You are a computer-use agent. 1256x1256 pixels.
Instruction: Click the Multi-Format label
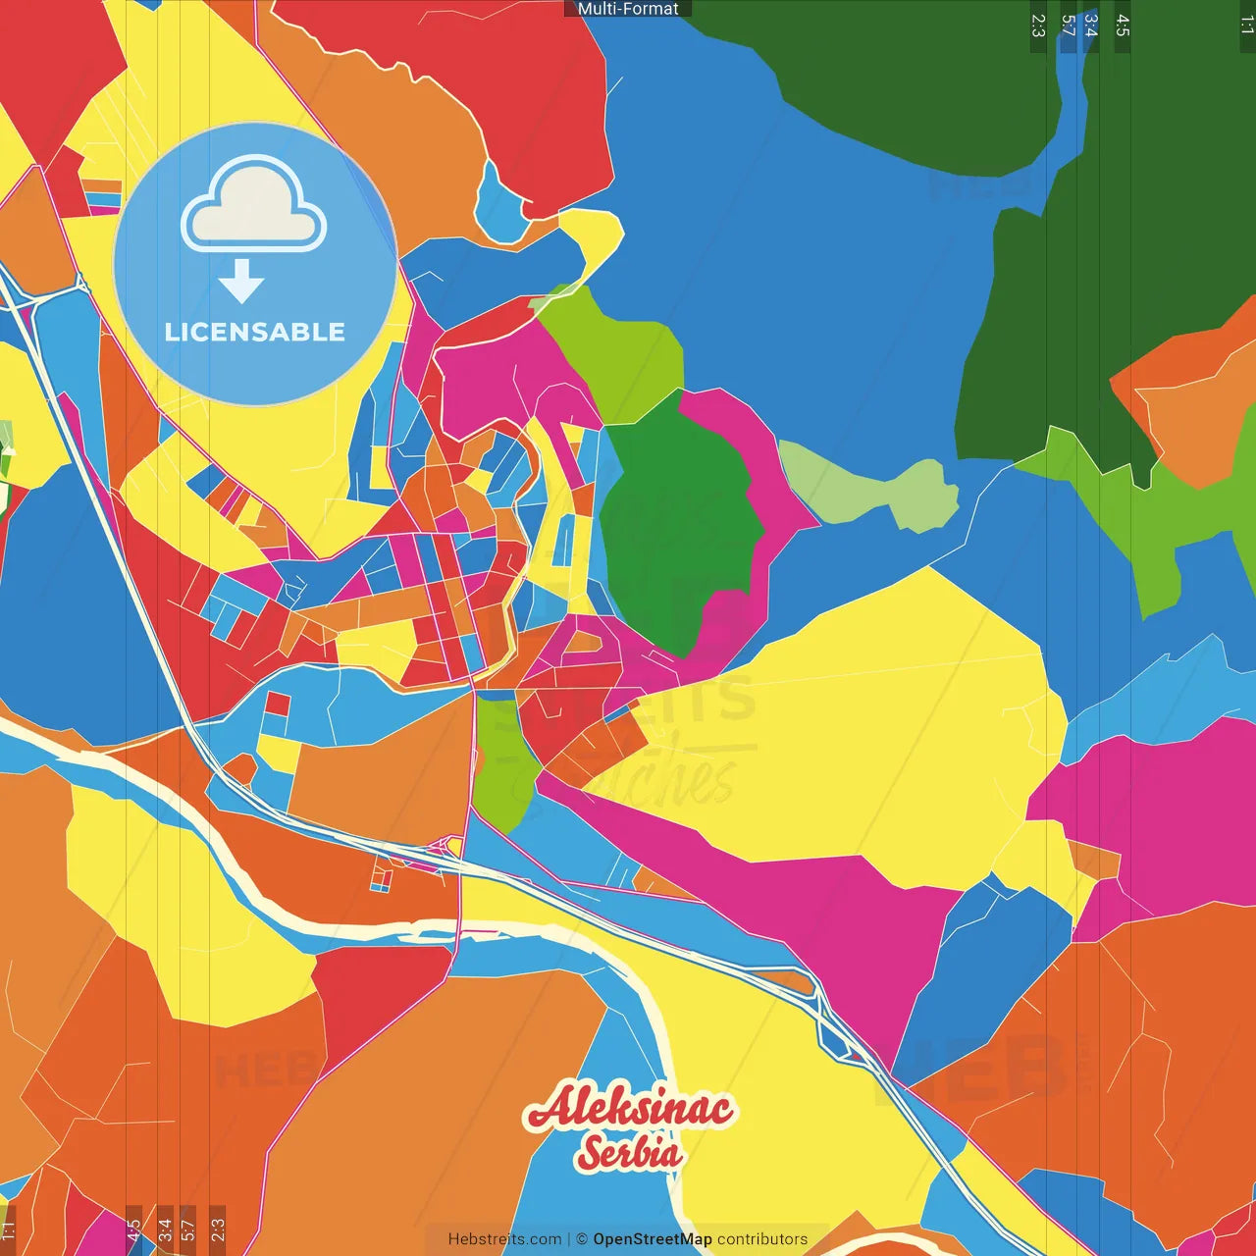click(628, 9)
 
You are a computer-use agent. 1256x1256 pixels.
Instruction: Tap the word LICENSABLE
click(255, 332)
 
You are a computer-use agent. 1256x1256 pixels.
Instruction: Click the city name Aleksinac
click(629, 1108)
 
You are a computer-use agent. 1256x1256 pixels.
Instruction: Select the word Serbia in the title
click(629, 1153)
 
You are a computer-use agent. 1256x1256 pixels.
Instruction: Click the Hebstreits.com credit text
click(504, 1239)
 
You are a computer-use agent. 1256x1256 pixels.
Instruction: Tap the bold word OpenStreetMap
click(653, 1239)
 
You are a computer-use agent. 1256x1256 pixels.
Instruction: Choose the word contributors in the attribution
click(762, 1239)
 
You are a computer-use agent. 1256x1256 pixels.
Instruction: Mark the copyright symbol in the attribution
click(582, 1239)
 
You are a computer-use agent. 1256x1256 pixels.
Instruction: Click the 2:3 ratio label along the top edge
click(1038, 26)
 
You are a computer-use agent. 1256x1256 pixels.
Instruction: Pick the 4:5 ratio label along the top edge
click(1123, 26)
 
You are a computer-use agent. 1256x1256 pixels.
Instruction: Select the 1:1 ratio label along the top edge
click(1246, 26)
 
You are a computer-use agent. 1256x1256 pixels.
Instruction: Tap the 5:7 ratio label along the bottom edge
click(188, 1228)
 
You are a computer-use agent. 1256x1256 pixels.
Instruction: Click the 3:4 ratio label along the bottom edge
click(165, 1228)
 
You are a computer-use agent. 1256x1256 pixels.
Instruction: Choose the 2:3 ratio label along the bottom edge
click(218, 1228)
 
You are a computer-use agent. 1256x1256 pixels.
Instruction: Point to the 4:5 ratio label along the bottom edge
click(134, 1228)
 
